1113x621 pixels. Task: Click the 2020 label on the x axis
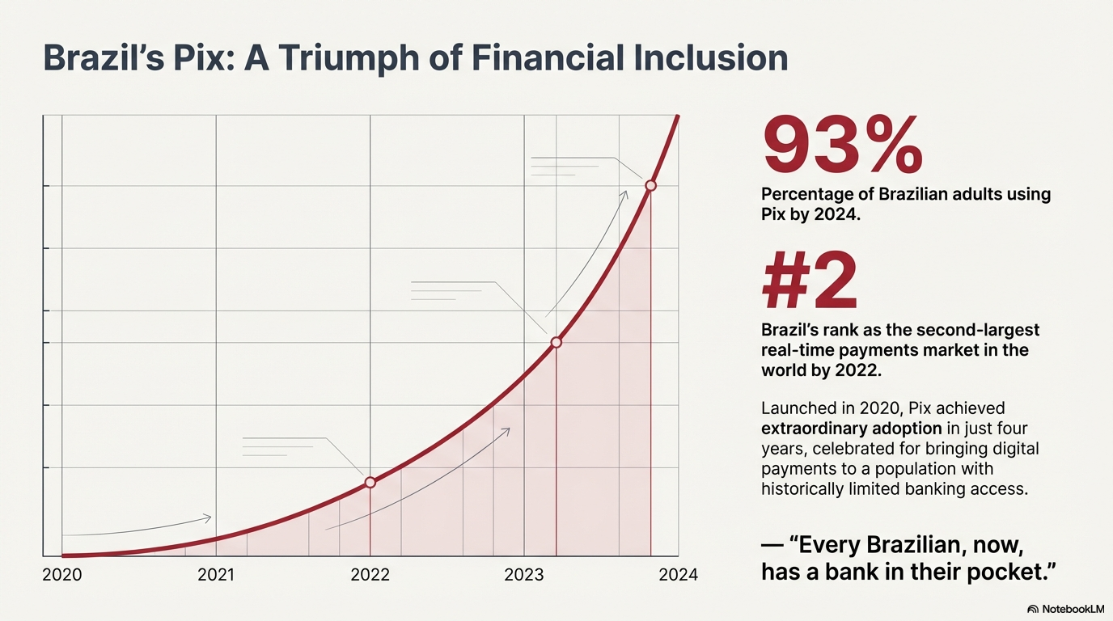click(x=61, y=575)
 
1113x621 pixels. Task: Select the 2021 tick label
click(x=216, y=575)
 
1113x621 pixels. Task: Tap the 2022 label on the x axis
click(x=370, y=575)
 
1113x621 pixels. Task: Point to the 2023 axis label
click(x=524, y=575)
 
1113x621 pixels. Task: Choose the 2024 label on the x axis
click(x=678, y=575)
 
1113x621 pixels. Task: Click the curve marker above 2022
click(x=370, y=482)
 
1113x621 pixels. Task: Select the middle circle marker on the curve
click(x=556, y=343)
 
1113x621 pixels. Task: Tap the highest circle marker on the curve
click(x=651, y=185)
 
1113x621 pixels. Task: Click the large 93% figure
click(x=842, y=146)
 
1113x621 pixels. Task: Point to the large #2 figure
click(x=810, y=282)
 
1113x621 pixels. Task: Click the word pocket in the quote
click(x=1011, y=572)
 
